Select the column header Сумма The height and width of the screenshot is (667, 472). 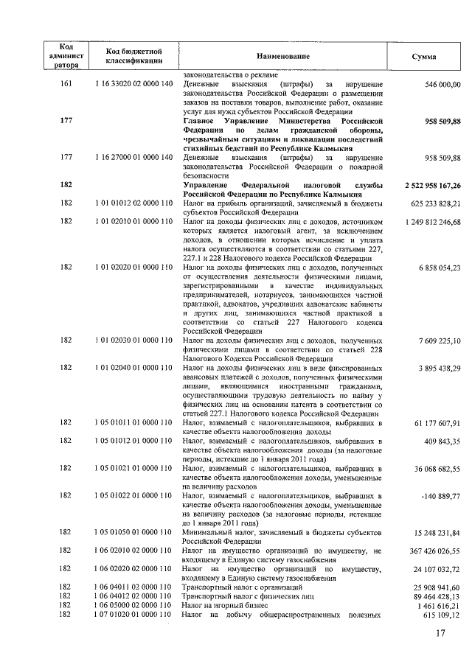424,57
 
